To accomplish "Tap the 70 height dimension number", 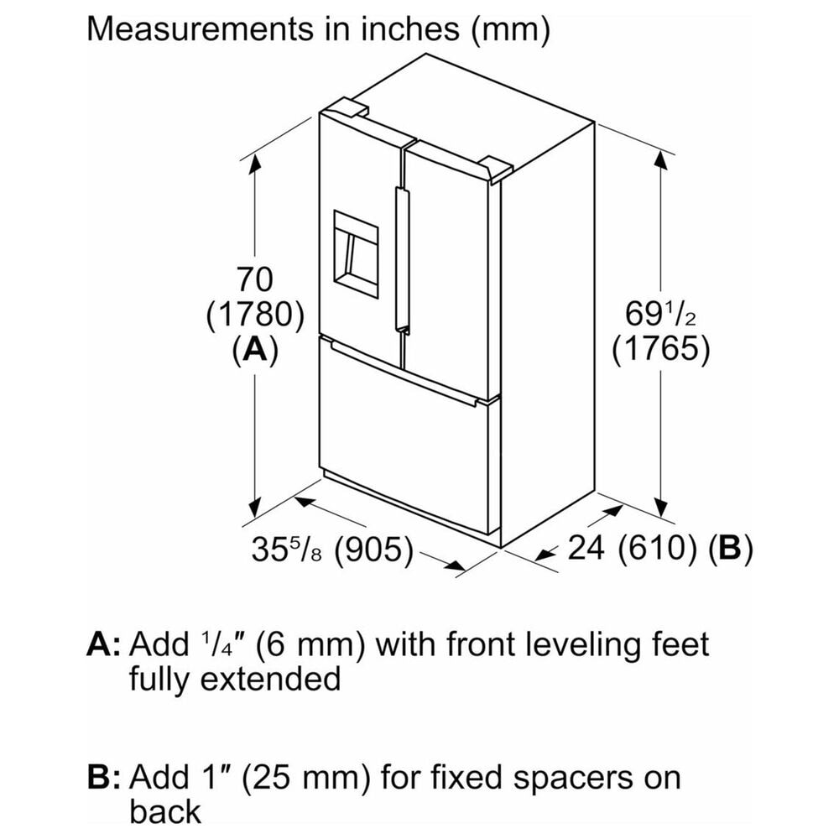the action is [255, 279].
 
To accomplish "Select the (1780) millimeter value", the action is [255, 315].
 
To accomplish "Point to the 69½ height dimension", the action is [660, 314].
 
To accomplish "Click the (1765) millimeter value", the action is [661, 349].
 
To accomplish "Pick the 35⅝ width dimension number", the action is [287, 549].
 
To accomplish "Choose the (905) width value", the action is [374, 550].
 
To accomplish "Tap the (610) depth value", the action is [658, 547].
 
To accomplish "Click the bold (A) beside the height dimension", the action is [255, 350].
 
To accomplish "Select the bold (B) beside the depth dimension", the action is [731, 547].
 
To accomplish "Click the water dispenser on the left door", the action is [356, 255].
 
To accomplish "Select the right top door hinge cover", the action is [496, 169].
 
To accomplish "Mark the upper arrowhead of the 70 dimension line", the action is [255, 164].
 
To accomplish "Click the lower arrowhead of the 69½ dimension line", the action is [661, 507].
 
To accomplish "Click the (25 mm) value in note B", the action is [306, 778].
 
